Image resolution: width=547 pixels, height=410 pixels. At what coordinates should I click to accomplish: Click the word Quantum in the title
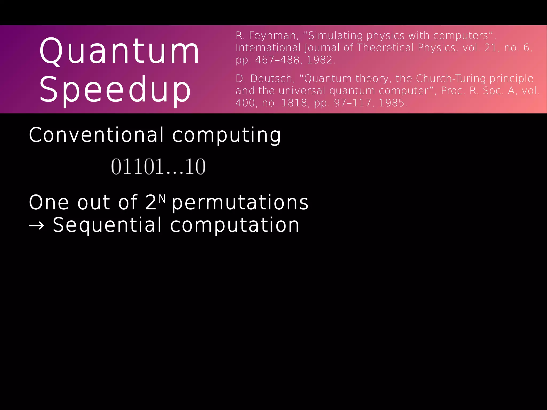[x=119, y=51]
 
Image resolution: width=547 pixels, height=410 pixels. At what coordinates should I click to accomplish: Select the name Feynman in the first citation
[x=272, y=36]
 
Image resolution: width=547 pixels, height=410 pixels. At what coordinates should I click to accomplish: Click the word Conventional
[x=96, y=135]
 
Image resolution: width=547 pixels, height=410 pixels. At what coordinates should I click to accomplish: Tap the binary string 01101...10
[x=158, y=167]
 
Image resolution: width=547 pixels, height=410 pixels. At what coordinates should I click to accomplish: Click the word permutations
[x=240, y=202]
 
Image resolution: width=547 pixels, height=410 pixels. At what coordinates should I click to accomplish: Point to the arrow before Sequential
[x=36, y=226]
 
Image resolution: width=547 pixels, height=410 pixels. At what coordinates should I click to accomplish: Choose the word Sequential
[x=107, y=225]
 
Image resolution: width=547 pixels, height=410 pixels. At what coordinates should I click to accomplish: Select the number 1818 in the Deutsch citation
[x=294, y=103]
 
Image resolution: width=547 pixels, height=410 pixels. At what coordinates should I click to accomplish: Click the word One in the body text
[x=49, y=202]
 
